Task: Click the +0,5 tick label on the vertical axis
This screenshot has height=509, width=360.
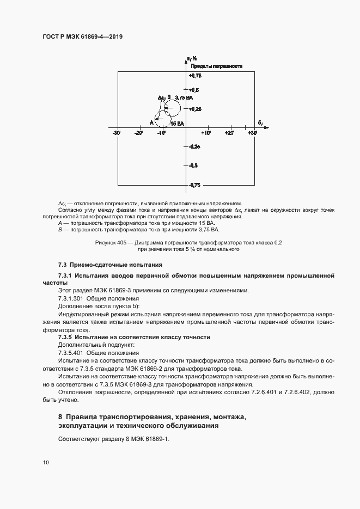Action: tap(194, 90)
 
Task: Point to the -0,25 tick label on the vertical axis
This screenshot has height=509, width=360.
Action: tap(194, 146)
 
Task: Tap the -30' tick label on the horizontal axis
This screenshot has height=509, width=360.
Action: tap(116, 133)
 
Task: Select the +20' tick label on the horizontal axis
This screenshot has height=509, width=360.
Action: tap(230, 133)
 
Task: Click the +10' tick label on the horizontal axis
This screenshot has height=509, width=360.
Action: tap(206, 133)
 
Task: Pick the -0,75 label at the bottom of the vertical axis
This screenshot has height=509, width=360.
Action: tap(194, 185)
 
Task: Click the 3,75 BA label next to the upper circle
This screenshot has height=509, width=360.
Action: tap(184, 98)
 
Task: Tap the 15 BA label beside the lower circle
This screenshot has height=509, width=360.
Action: tap(177, 124)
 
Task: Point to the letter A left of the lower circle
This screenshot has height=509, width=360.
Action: tap(151, 122)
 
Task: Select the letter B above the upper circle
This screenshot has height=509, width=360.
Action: tap(169, 97)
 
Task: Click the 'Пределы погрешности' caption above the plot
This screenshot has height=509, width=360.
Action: tap(216, 66)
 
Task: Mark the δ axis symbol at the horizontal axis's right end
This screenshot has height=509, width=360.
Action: tap(260, 122)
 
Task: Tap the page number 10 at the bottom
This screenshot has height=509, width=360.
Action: tap(46, 463)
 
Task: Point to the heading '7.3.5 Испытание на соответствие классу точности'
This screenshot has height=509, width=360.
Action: tap(134, 338)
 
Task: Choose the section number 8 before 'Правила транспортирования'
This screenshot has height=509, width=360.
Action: tap(60, 417)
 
